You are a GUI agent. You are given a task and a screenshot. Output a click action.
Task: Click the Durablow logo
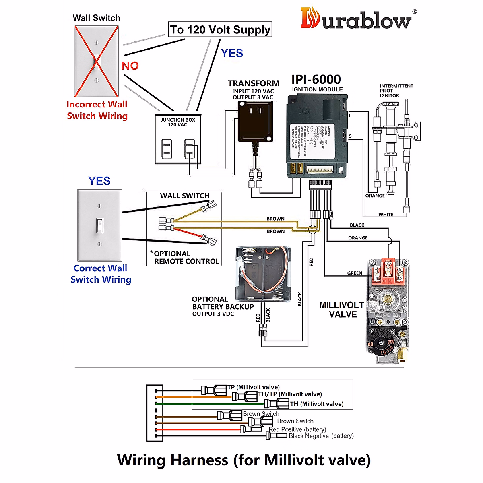[x=357, y=19]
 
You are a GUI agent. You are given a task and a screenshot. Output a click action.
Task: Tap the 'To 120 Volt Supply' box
[x=220, y=29]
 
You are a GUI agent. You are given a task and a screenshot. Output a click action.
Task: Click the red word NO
[x=130, y=66]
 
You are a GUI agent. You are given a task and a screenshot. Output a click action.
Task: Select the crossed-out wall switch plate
[x=97, y=61]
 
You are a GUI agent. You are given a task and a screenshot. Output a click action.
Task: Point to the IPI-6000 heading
[x=316, y=79]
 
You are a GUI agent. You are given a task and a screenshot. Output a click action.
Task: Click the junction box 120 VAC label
[x=178, y=122]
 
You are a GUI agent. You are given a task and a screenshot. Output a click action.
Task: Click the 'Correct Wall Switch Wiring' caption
[x=101, y=274]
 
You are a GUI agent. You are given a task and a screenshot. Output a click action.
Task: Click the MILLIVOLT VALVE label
[x=342, y=310]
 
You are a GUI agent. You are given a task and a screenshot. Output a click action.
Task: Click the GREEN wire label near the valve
[x=355, y=273]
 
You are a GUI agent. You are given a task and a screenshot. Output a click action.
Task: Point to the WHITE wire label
[x=386, y=215]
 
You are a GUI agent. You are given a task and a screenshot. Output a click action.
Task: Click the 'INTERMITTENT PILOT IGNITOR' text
[x=396, y=91]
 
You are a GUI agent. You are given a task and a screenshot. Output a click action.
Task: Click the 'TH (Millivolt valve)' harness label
[x=317, y=404]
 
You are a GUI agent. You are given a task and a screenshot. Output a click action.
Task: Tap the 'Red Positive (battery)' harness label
[x=298, y=429]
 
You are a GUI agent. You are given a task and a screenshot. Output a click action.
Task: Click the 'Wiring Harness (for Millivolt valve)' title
[x=244, y=460]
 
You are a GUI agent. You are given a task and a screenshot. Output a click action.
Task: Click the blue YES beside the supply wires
[x=232, y=53]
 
